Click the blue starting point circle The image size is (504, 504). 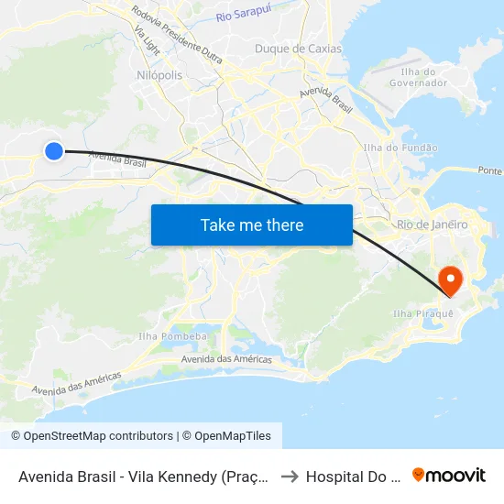(54, 151)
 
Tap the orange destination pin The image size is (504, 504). (451, 279)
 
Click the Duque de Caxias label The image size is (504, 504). (298, 49)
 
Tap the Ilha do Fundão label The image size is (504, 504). (400, 148)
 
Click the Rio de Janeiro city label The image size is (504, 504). (433, 225)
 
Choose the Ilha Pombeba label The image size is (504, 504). (172, 336)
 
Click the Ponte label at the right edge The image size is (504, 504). (490, 170)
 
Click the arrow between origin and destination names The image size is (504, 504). (289, 476)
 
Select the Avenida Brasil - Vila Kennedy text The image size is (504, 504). (142, 476)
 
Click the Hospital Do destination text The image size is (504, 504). (352, 476)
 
